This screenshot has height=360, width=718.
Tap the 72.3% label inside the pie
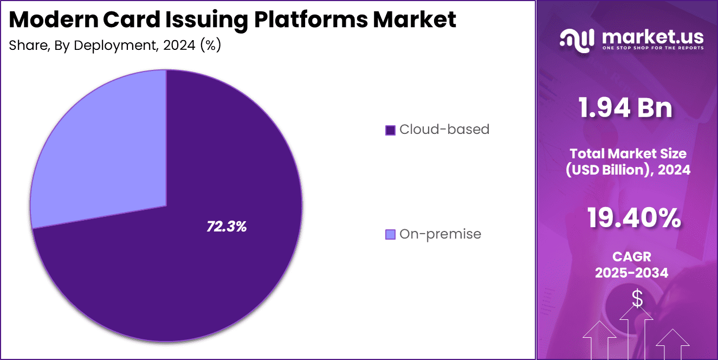click(x=227, y=227)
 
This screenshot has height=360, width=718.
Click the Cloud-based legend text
click(x=444, y=130)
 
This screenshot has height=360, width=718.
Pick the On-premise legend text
click(x=440, y=234)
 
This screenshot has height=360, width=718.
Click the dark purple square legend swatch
click(x=390, y=130)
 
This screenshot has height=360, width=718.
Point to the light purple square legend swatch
click(x=390, y=235)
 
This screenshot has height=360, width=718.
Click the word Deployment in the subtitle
click(x=108, y=46)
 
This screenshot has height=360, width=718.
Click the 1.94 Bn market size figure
click(x=625, y=108)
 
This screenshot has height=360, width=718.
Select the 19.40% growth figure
click(x=633, y=218)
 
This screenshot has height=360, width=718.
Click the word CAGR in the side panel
click(x=631, y=256)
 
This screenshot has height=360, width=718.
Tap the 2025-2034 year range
click(x=631, y=273)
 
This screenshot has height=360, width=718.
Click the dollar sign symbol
click(x=637, y=298)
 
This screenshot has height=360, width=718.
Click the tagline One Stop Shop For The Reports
click(x=652, y=48)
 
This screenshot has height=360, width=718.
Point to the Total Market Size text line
click(x=629, y=153)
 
